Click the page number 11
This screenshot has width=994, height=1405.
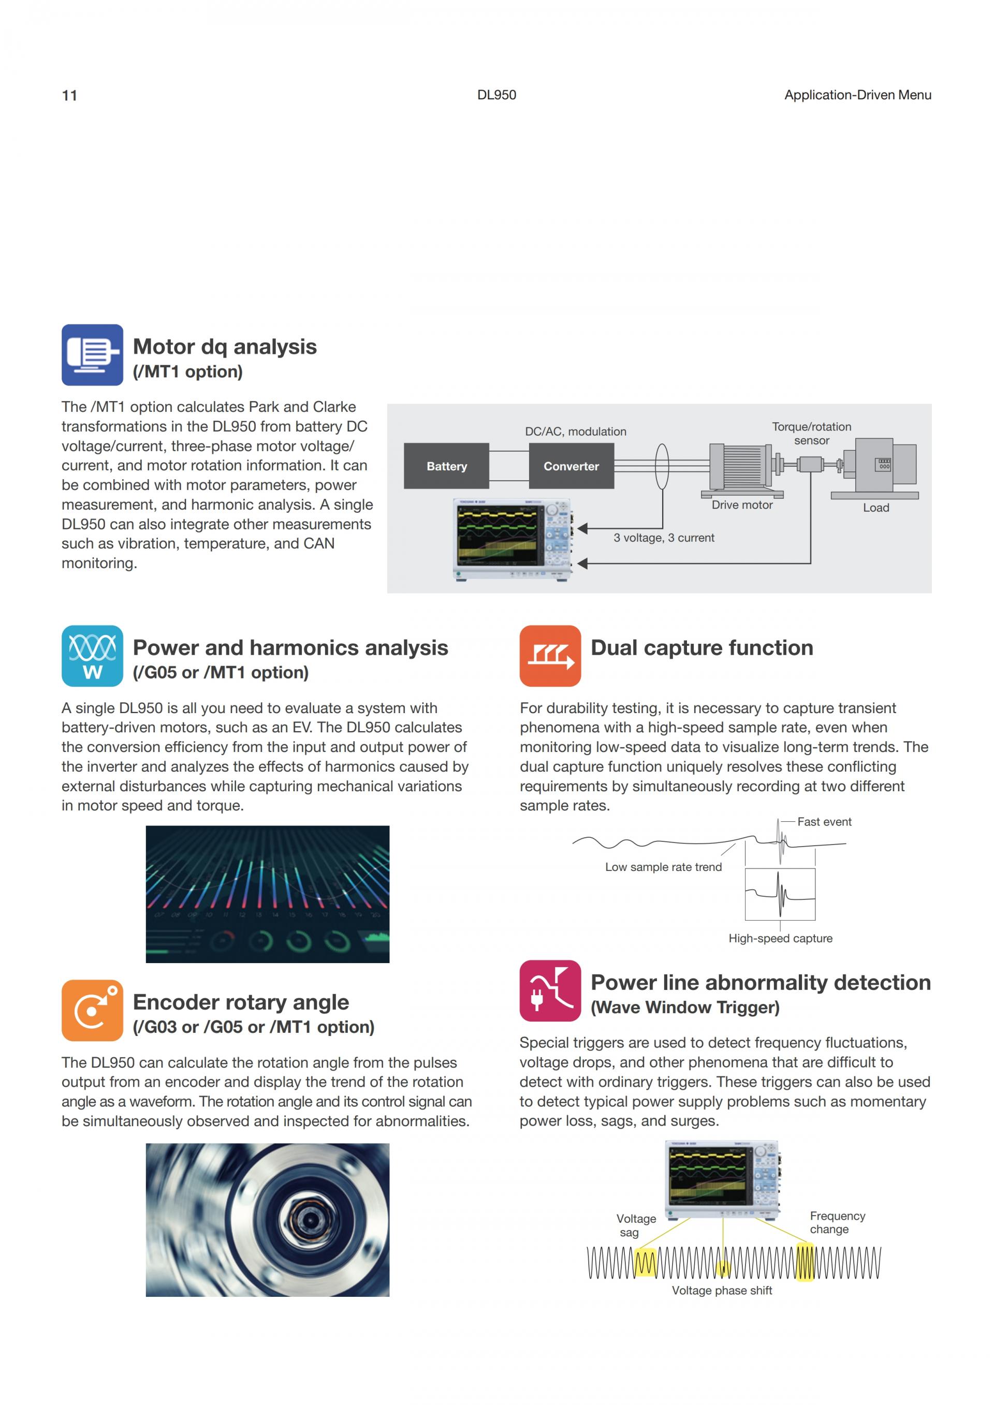[69, 95]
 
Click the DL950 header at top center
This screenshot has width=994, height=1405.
[496, 95]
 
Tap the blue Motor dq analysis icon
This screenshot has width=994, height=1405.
[92, 355]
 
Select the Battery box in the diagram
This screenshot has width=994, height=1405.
[446, 466]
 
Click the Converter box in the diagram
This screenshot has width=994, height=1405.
[571, 466]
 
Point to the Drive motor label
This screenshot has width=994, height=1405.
[742, 505]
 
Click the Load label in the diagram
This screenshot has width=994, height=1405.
[876, 507]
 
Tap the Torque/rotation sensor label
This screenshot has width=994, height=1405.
[811, 433]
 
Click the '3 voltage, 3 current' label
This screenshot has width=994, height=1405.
[664, 538]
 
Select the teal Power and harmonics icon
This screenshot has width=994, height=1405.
[92, 656]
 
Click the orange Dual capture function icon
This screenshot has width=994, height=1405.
[550, 656]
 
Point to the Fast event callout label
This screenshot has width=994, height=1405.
[824, 822]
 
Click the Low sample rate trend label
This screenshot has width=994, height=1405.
[663, 867]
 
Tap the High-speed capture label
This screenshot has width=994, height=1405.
[780, 938]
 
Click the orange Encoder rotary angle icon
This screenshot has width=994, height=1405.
[92, 1010]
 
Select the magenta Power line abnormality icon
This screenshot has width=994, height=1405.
[550, 990]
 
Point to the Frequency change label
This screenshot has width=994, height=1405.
[837, 1223]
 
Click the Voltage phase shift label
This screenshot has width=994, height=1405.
[722, 1291]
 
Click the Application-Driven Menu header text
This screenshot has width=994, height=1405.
[857, 95]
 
